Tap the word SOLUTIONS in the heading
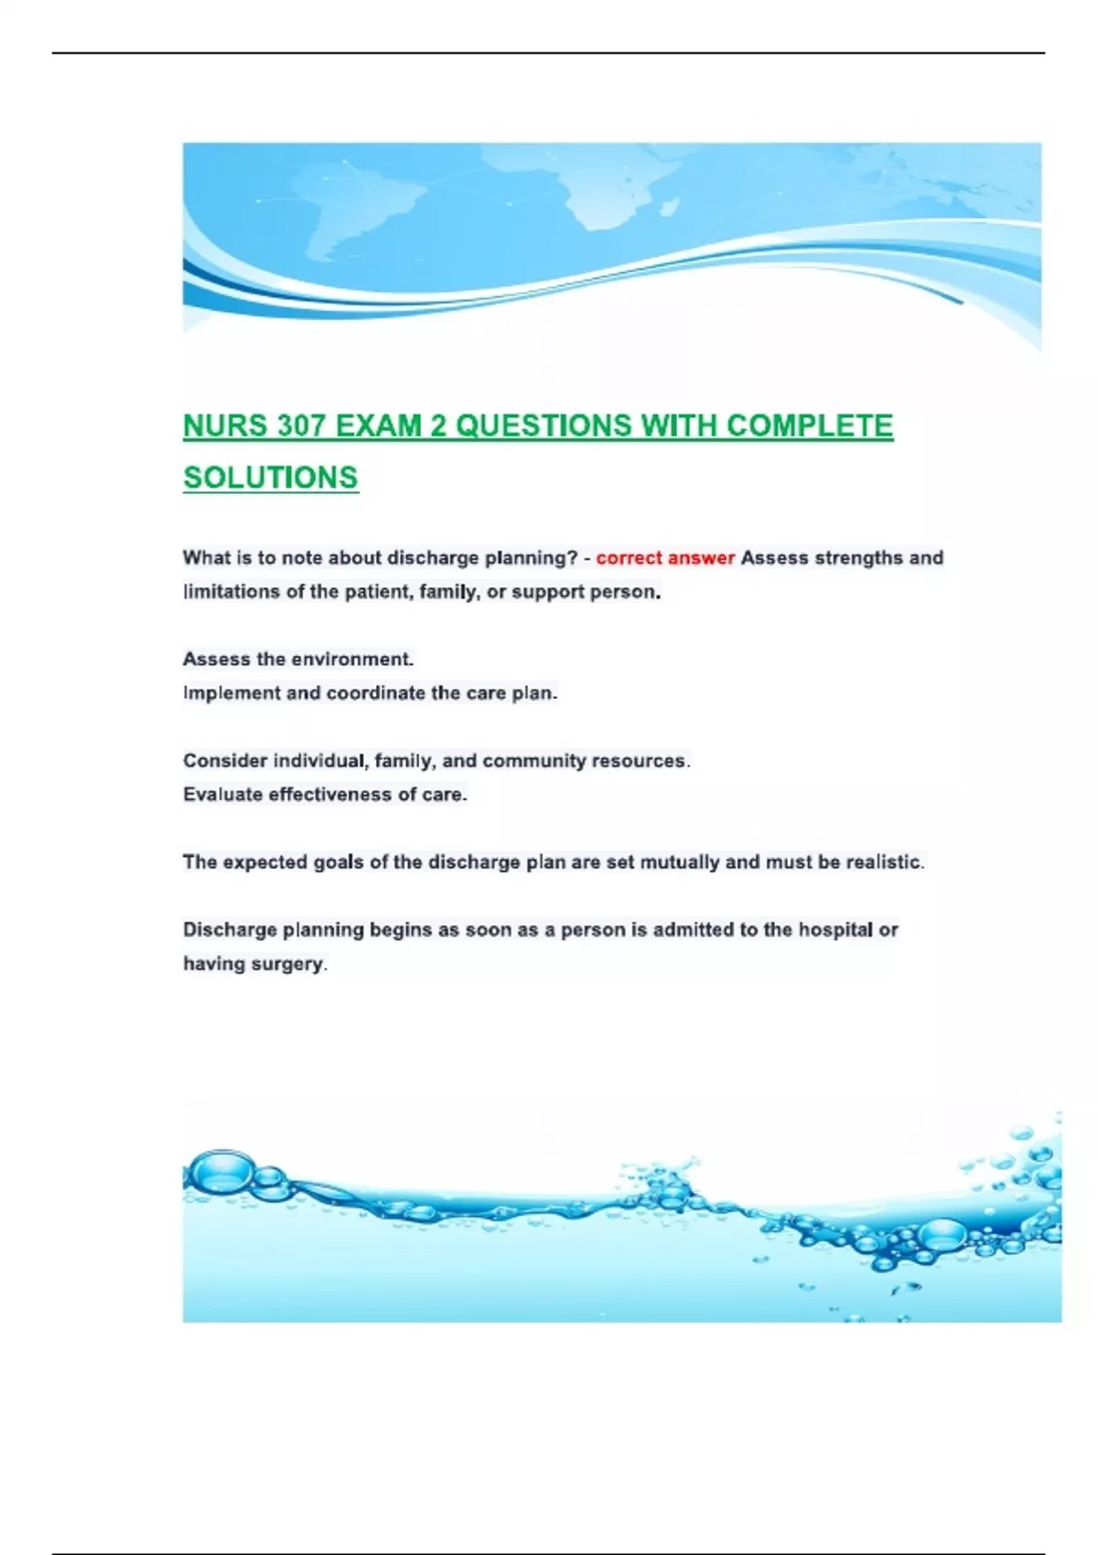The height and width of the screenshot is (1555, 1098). [271, 477]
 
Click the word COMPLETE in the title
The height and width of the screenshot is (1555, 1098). [810, 426]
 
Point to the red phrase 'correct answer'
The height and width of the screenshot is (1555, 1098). [665, 558]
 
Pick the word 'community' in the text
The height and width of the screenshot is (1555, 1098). [534, 761]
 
